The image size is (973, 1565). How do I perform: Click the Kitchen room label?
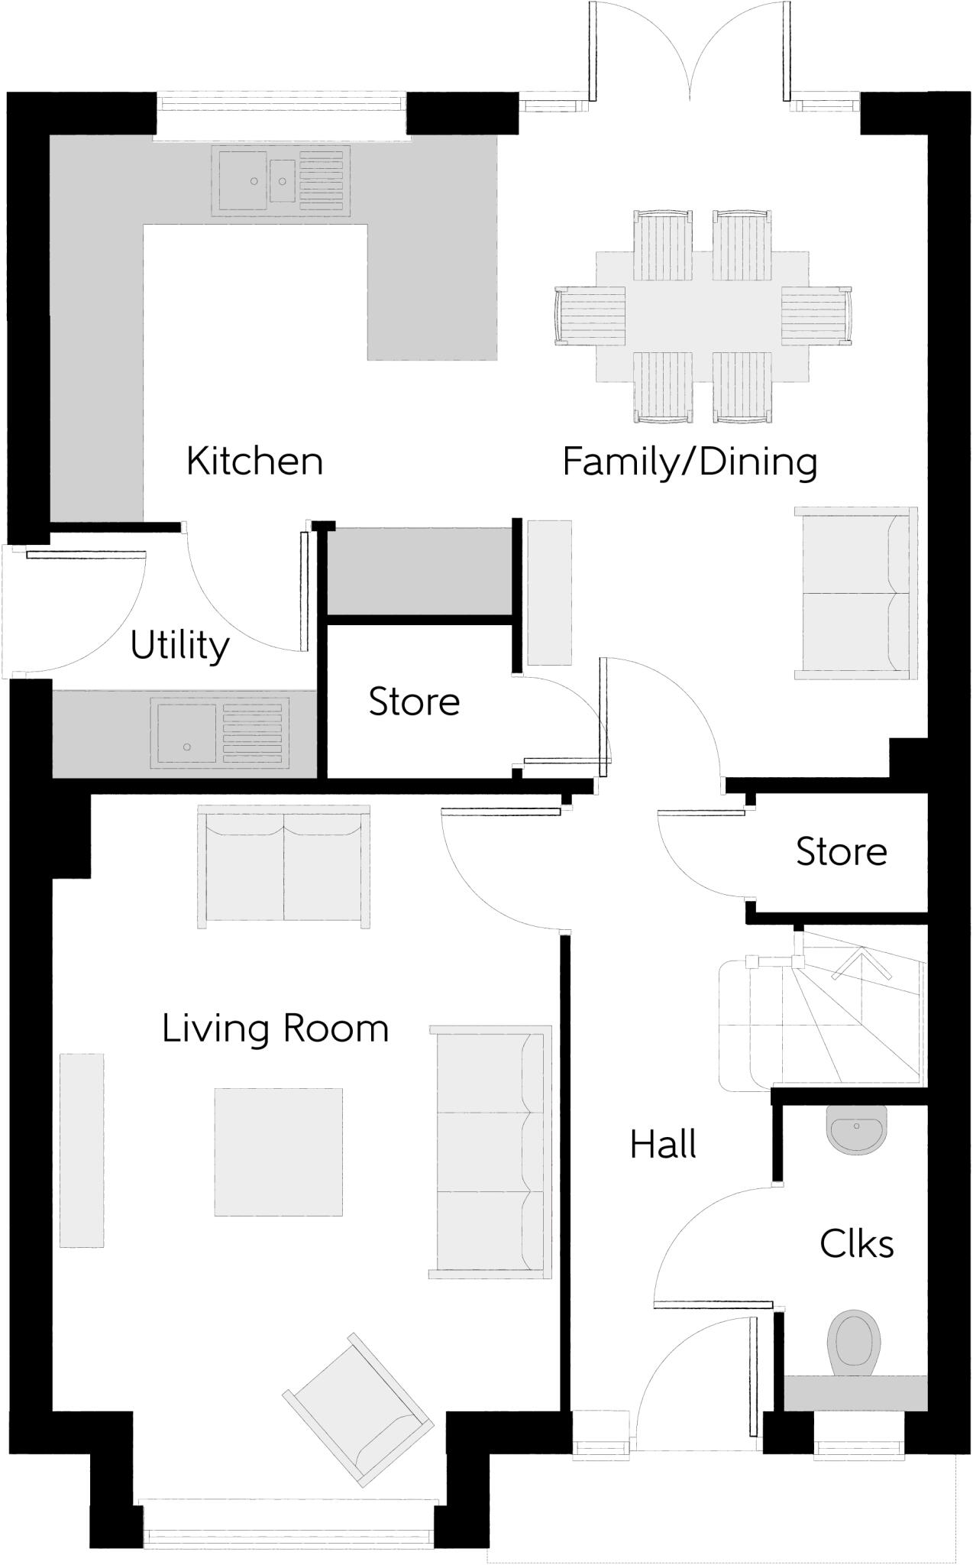[254, 462]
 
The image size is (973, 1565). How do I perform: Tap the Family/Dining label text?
[690, 462]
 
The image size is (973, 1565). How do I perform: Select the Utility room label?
[179, 646]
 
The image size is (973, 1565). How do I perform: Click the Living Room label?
[275, 1029]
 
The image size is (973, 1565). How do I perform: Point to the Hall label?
[663, 1145]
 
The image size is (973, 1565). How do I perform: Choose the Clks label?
[856, 1245]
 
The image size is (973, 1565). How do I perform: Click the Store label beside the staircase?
[842, 851]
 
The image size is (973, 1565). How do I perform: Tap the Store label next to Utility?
[414, 701]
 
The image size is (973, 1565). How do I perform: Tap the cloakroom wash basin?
[857, 1129]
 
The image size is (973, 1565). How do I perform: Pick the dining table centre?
[702, 316]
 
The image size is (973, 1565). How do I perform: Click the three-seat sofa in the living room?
[490, 1152]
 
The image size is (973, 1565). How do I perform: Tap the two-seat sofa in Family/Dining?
[855, 592]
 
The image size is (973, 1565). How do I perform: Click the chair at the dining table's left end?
[590, 316]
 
